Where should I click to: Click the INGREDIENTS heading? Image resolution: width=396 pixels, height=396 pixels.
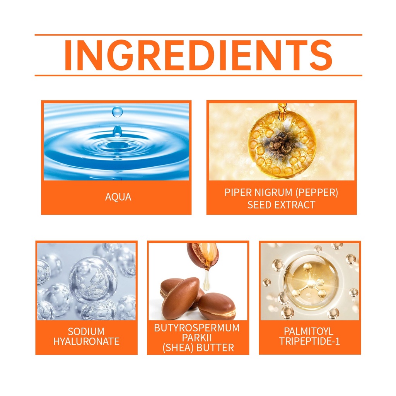198,55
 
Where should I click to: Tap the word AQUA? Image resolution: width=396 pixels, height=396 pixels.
118,197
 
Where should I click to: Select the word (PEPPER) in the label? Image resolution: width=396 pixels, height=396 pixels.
317,193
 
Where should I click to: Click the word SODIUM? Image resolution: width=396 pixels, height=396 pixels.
86,331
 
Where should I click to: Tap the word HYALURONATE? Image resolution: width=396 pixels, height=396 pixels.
86,341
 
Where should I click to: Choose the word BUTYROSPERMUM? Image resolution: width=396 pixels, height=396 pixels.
197,328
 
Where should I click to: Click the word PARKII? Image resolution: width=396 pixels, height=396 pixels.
197,338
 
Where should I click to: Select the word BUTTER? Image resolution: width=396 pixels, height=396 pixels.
215,348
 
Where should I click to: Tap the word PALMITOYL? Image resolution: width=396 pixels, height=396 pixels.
309,331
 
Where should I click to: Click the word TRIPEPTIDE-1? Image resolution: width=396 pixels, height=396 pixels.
309,341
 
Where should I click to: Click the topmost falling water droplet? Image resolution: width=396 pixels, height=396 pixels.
117,112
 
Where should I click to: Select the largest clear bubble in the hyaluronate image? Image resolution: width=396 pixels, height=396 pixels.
93,280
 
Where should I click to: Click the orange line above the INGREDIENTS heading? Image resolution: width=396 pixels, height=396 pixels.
198,34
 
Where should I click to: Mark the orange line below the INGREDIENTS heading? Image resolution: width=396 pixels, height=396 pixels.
198,75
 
